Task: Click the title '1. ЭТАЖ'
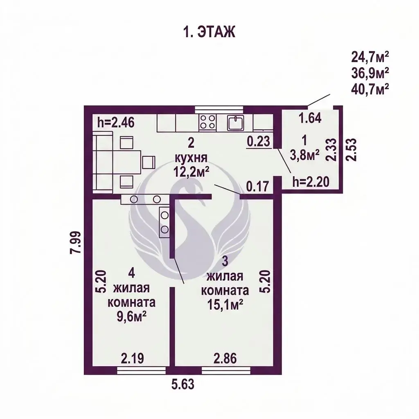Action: tap(209, 32)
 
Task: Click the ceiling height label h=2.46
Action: tap(116, 123)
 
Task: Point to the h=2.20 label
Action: tap(311, 182)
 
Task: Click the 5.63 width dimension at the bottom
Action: tap(183, 385)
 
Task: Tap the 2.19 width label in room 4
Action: tap(133, 358)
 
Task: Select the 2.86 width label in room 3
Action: tap(225, 358)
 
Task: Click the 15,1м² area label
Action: tap(225, 304)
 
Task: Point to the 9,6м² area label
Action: tap(131, 317)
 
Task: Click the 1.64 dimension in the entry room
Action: tap(310, 118)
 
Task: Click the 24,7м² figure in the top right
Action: tap(370, 57)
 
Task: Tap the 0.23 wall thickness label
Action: tap(259, 141)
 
